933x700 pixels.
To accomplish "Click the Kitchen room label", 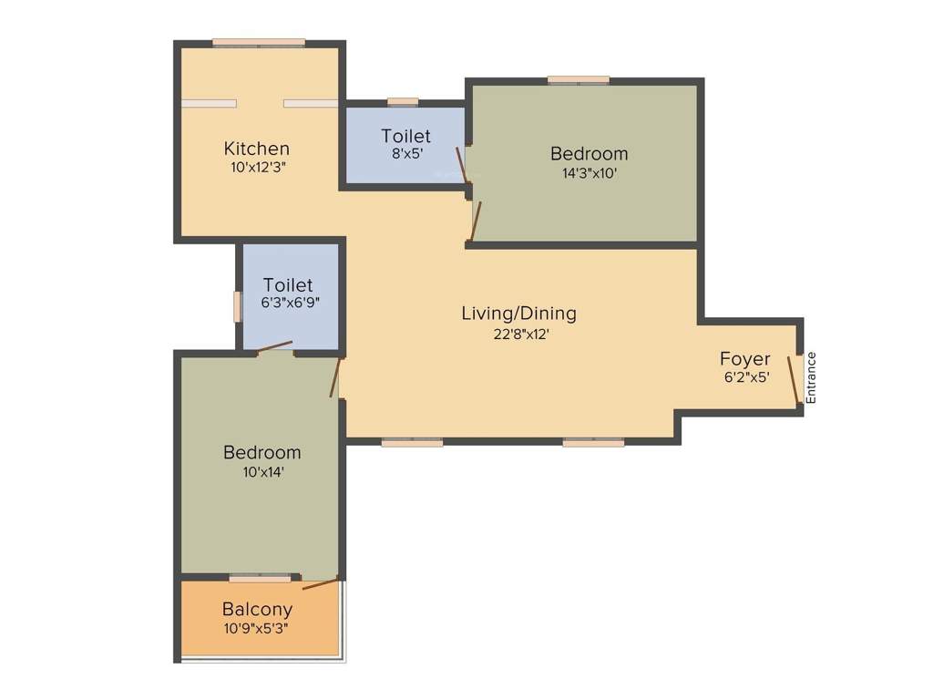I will (x=257, y=148).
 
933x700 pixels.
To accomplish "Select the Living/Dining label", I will (x=518, y=314).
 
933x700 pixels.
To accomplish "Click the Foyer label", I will (x=744, y=358).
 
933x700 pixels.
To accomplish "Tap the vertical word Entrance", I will (x=811, y=377).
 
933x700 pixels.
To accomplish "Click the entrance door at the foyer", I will (x=794, y=379).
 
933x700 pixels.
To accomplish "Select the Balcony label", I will (x=257, y=609).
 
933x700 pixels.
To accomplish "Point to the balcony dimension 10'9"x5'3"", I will (x=257, y=628).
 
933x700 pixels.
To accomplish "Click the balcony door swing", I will (x=320, y=583).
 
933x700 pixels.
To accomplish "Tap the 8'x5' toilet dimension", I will (x=405, y=155).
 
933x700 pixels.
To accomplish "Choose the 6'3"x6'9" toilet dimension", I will (x=288, y=303).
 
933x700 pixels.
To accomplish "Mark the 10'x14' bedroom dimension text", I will (x=262, y=471).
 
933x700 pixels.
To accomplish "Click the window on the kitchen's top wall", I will (x=259, y=42).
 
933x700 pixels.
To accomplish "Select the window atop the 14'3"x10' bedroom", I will (x=579, y=80).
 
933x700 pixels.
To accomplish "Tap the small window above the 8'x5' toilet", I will (x=402, y=101).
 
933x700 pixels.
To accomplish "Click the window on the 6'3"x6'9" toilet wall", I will (x=237, y=306).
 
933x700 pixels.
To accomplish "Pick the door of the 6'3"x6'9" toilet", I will (x=274, y=347).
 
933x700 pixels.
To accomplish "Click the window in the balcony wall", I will (x=260, y=577).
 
